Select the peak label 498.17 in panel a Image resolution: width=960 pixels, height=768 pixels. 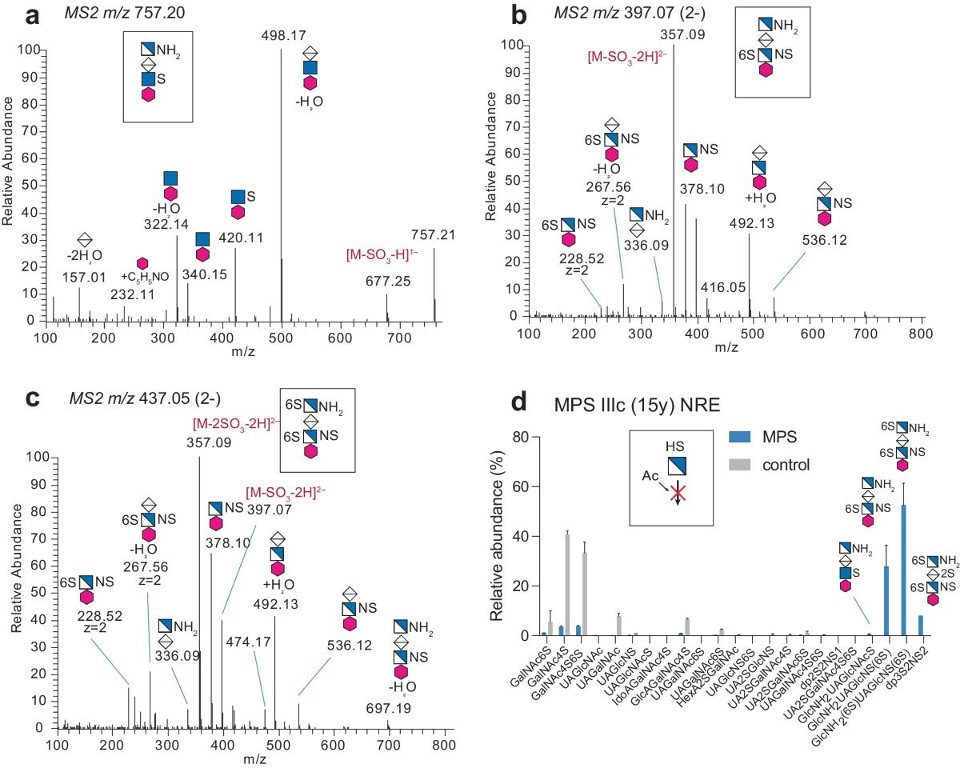click(282, 34)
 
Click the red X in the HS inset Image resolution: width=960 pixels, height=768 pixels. click(678, 492)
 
